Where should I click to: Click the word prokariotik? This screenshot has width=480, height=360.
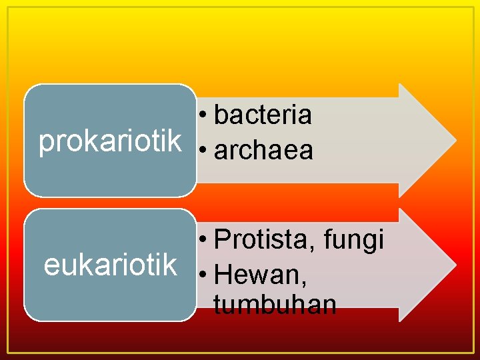click(110, 141)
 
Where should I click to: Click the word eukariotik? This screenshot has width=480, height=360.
click(110, 264)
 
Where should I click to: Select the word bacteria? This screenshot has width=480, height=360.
click(263, 115)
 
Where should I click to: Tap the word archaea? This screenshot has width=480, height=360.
click(263, 151)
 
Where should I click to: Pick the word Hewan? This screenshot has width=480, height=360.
click(259, 274)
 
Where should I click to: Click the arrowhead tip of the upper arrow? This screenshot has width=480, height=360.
click(455, 140)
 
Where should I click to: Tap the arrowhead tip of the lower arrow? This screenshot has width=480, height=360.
click(455, 265)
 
